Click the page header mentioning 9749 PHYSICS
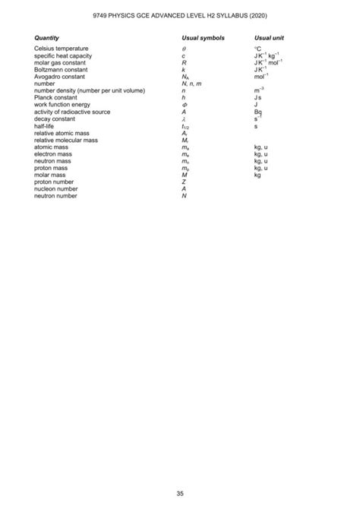[x=180, y=14]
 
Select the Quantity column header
[x=46, y=37]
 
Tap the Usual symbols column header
[x=203, y=37]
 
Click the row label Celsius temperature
[x=61, y=49]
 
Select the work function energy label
[x=61, y=105]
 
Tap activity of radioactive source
[x=72, y=112]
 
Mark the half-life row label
[x=44, y=126]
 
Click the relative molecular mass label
[x=66, y=140]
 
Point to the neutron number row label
[x=55, y=196]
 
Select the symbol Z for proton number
[x=184, y=182]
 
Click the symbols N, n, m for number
[x=191, y=84]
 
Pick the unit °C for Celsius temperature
[x=258, y=49]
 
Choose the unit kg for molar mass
[x=258, y=175]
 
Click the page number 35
[x=180, y=494]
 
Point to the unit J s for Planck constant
[x=258, y=98]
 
